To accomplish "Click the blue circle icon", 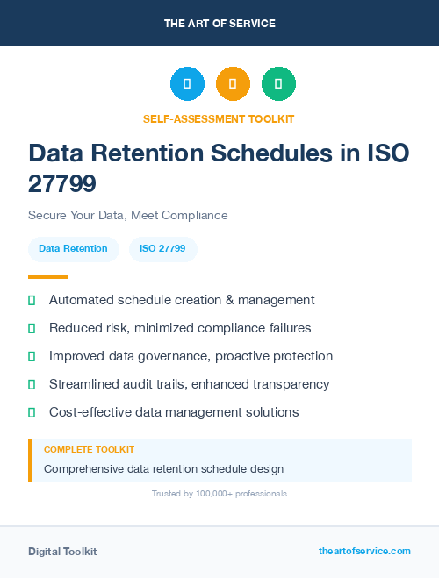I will (x=187, y=83).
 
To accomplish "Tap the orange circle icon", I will (x=233, y=83).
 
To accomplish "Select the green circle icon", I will (x=278, y=83).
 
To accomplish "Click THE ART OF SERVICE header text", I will (x=219, y=23).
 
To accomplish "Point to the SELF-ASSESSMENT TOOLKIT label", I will (x=219, y=118).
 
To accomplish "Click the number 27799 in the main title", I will (x=62, y=183).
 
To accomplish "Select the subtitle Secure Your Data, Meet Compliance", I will (x=127, y=215).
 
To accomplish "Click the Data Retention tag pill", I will (x=73, y=249).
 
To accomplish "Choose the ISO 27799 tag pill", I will (x=162, y=249).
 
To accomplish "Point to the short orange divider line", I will (x=47, y=277).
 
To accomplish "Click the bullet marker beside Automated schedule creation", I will (x=32, y=300).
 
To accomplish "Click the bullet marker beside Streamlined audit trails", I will (x=32, y=384).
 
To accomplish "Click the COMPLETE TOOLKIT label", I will (x=89, y=449).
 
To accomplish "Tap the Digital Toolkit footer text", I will (x=62, y=552).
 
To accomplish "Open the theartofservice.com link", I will (x=364, y=551).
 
